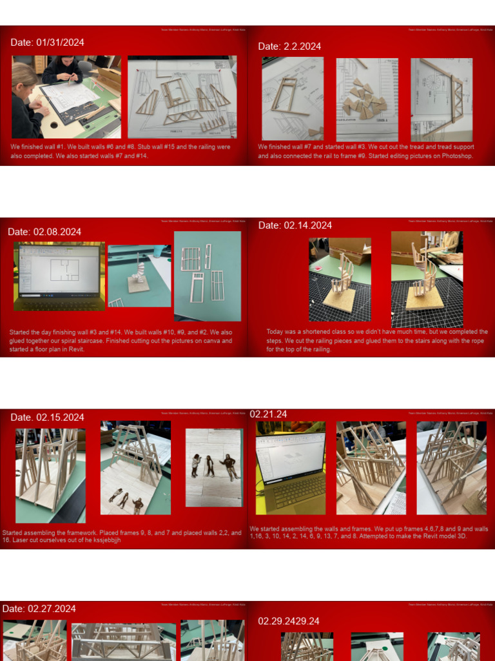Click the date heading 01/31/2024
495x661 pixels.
click(x=47, y=43)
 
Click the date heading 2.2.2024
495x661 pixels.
click(x=289, y=46)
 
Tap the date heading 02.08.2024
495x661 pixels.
click(x=44, y=232)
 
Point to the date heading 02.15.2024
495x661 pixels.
click(x=47, y=417)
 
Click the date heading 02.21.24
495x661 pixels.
click(x=268, y=414)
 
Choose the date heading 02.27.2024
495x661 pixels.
click(x=39, y=609)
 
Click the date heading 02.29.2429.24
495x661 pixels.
click(x=289, y=621)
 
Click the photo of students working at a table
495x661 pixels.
click(x=66, y=97)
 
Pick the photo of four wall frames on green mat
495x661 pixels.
click(x=207, y=276)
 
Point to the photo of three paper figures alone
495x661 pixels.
click(x=214, y=467)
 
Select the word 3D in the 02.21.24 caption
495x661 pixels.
click(x=461, y=536)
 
